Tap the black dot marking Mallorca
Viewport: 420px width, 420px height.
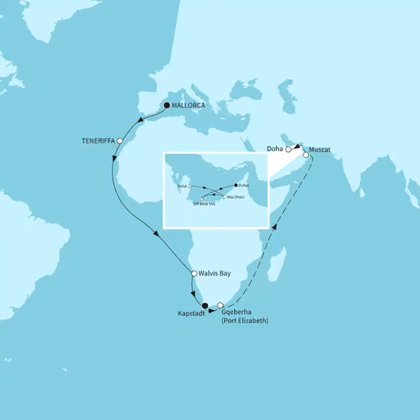pyautogui.click(x=166, y=106)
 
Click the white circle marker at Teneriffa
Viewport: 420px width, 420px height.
pyautogui.click(x=121, y=141)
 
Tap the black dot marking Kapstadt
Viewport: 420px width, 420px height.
pyautogui.click(x=205, y=306)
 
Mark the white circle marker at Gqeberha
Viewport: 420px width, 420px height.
pyautogui.click(x=220, y=306)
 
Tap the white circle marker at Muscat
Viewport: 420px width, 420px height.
pyautogui.click(x=307, y=155)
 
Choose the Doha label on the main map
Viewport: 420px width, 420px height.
pyautogui.click(x=275, y=148)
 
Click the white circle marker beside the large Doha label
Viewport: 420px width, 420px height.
pyautogui.click(x=289, y=149)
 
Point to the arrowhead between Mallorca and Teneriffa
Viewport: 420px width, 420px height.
pyautogui.click(x=142, y=122)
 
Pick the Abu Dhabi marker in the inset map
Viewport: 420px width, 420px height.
pyautogui.click(x=223, y=197)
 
